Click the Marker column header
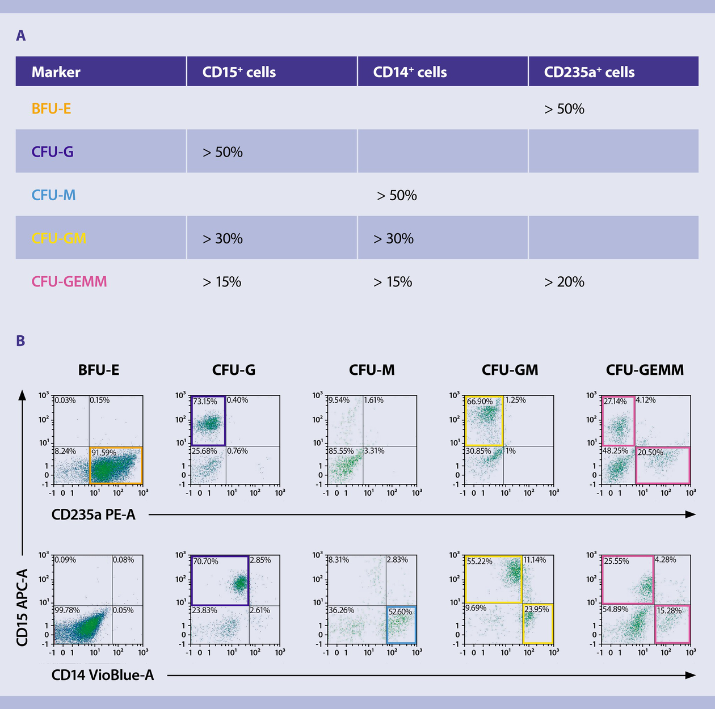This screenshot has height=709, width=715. (x=56, y=72)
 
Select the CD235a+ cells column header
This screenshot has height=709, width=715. (x=589, y=72)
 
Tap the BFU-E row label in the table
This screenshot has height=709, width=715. (x=51, y=108)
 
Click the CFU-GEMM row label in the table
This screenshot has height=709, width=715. (x=69, y=281)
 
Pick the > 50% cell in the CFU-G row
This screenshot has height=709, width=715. (x=222, y=152)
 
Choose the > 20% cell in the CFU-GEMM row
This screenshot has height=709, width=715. (x=564, y=281)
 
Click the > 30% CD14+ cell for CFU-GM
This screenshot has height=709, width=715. (x=393, y=238)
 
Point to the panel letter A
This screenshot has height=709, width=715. (x=21, y=36)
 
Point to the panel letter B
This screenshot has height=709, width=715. (x=21, y=341)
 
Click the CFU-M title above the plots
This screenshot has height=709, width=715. (x=372, y=370)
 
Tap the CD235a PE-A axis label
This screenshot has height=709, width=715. (x=94, y=515)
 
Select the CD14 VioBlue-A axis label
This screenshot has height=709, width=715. (x=103, y=675)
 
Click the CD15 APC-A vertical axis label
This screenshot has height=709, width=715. (x=22, y=607)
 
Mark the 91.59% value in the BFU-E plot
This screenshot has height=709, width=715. (x=104, y=453)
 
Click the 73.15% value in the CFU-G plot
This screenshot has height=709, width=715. (x=205, y=402)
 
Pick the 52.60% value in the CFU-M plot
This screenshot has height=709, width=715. (x=400, y=611)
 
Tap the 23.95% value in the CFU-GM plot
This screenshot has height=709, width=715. (x=537, y=610)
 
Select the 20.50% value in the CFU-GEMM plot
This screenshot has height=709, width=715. (x=650, y=453)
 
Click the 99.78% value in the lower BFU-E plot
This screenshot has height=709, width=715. (x=68, y=610)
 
